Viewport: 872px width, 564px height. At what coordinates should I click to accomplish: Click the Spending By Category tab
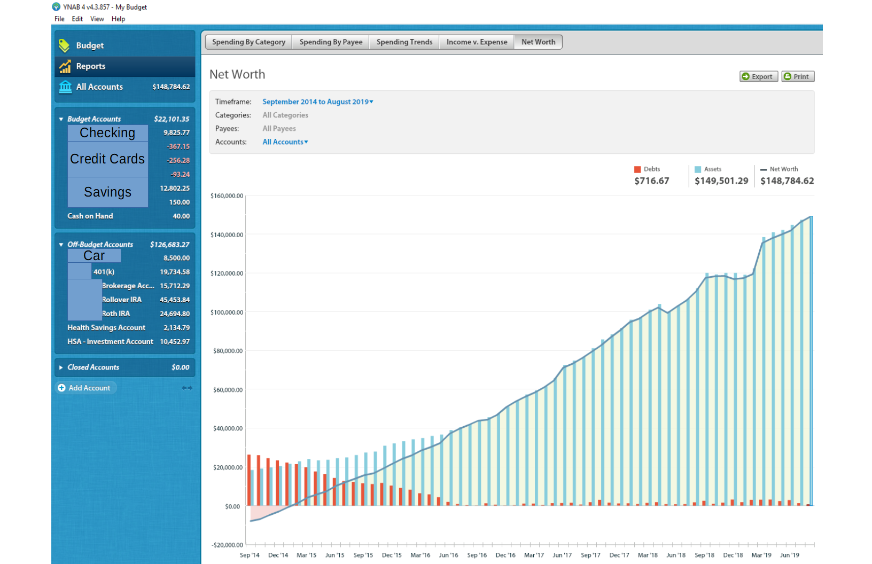(248, 42)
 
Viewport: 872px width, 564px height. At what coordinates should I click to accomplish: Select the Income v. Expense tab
(477, 42)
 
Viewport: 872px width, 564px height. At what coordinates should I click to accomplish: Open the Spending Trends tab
(404, 42)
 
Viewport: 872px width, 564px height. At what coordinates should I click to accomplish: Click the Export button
(758, 76)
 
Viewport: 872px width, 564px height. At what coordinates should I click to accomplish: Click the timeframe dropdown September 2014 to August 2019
(317, 101)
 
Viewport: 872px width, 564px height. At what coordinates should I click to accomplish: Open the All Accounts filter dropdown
(285, 142)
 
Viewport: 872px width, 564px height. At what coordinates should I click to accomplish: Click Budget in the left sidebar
(90, 45)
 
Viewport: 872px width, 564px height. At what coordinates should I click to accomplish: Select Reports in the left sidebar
(91, 66)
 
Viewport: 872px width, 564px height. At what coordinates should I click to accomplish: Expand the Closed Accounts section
(93, 367)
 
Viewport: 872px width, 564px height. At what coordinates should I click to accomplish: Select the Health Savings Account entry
(106, 328)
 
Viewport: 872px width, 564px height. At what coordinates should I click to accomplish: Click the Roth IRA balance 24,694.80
(175, 314)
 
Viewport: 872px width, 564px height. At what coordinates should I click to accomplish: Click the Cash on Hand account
(90, 216)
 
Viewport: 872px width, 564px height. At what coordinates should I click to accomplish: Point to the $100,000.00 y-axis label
(227, 312)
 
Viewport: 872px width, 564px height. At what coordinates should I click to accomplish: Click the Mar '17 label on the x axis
(534, 555)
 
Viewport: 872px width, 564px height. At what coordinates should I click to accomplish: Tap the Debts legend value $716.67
(651, 181)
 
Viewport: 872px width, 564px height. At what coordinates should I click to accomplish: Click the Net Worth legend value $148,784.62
(787, 181)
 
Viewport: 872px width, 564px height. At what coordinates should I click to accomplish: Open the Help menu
(118, 19)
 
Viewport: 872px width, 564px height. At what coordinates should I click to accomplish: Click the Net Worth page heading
(237, 75)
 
